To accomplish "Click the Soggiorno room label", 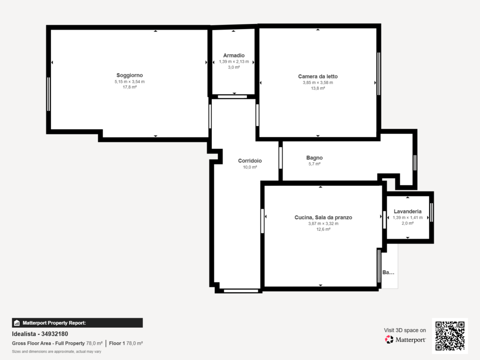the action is pyautogui.click(x=129, y=75).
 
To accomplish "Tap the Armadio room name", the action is pyautogui.click(x=234, y=55).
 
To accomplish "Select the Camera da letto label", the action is pyautogui.click(x=318, y=76).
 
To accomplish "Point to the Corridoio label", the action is pyautogui.click(x=250, y=161).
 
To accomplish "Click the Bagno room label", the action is pyautogui.click(x=315, y=157).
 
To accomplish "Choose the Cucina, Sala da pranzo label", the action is pyautogui.click(x=323, y=217).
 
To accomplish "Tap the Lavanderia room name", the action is pyautogui.click(x=407, y=211).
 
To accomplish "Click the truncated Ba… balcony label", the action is pyautogui.click(x=388, y=272).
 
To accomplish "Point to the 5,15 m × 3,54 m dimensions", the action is pyautogui.click(x=129, y=82).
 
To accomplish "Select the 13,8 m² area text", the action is pyautogui.click(x=318, y=88).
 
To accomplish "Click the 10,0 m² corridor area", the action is pyautogui.click(x=250, y=167).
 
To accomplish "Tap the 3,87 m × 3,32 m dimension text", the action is pyautogui.click(x=323, y=224).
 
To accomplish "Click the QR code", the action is pyautogui.click(x=450, y=336).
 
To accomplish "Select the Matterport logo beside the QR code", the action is pyautogui.click(x=405, y=339).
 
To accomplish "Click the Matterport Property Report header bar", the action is pyautogui.click(x=77, y=323).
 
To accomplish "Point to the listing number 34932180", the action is pyautogui.click(x=54, y=334).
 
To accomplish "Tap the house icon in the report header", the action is pyautogui.click(x=17, y=323).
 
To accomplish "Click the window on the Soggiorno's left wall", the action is pyautogui.click(x=48, y=94).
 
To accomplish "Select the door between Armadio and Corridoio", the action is pyautogui.click(x=232, y=97).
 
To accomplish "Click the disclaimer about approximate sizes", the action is pyautogui.click(x=57, y=352).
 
